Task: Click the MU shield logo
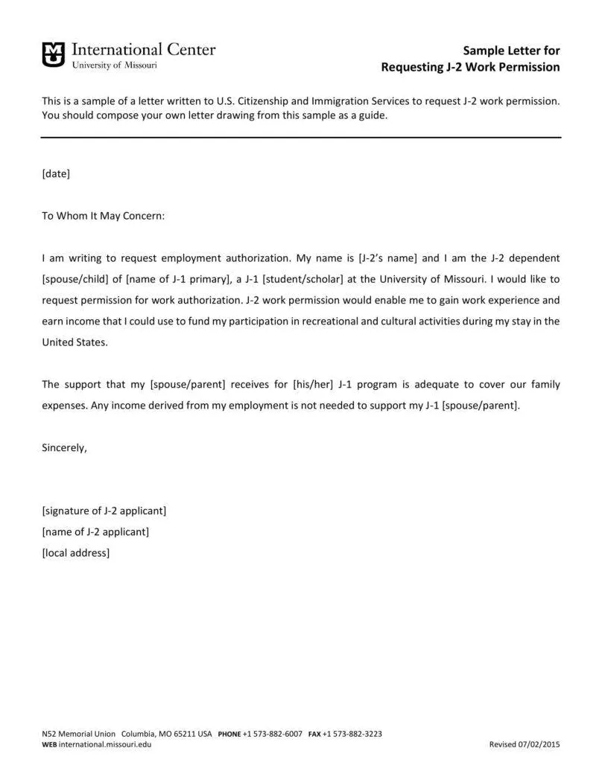coord(53,54)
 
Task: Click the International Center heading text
coord(143,50)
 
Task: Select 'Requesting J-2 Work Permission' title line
coord(470,68)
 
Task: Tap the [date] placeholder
coord(56,173)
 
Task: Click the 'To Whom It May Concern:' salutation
coord(103,216)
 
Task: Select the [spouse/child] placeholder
coord(76,279)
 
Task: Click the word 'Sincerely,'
coord(65,448)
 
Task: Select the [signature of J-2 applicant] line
coord(104,511)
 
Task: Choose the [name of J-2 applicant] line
coord(96,531)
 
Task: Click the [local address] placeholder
coord(76,552)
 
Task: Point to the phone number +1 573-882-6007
coord(273,734)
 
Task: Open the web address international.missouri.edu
coord(105,744)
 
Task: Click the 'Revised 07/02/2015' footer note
coord(524,744)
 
